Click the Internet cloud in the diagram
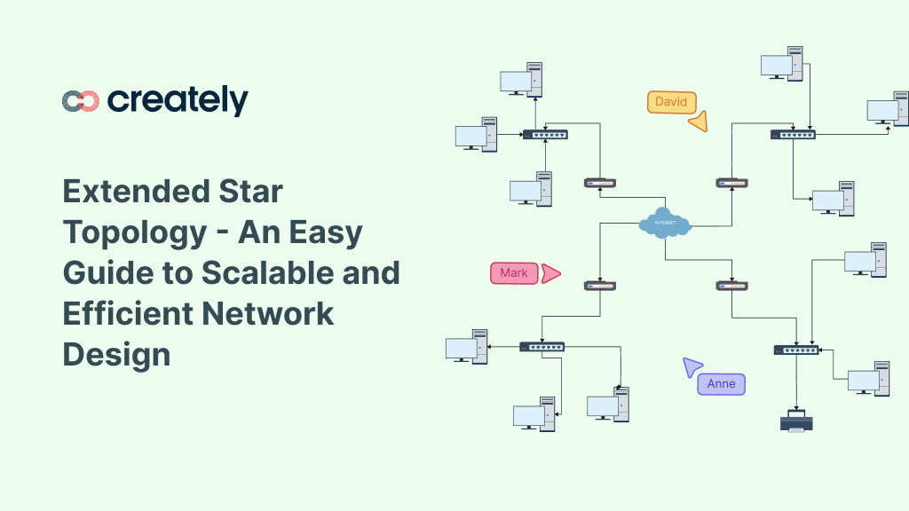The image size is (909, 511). [665, 223]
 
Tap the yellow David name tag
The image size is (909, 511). [671, 102]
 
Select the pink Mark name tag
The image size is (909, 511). [514, 273]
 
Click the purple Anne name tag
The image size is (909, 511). [722, 384]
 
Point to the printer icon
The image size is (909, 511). [796, 421]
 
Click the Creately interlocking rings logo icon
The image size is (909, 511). [81, 101]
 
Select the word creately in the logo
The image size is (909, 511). [178, 100]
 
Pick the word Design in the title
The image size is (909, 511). [116, 354]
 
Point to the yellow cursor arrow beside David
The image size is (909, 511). [699, 122]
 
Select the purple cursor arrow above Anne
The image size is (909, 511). [692, 366]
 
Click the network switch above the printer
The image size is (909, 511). [795, 350]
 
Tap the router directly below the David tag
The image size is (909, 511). [732, 183]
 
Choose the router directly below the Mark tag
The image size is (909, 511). [600, 286]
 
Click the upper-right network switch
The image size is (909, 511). [793, 135]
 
